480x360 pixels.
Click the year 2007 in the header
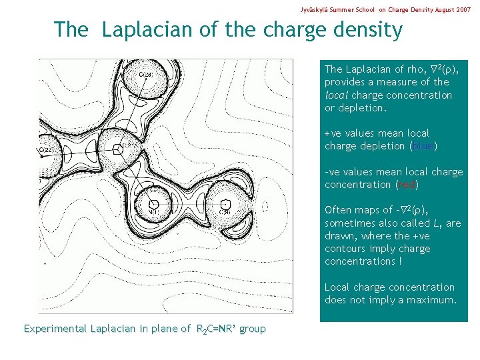coord(462,11)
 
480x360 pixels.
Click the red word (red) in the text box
coord(407,185)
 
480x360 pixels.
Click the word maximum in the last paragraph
coord(431,300)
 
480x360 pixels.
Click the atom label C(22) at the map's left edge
coord(48,151)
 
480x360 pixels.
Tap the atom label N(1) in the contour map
coord(153,213)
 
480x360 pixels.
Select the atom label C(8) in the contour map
coord(225,213)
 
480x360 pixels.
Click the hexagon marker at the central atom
coord(118,148)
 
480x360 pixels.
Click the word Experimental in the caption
coord(55,329)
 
